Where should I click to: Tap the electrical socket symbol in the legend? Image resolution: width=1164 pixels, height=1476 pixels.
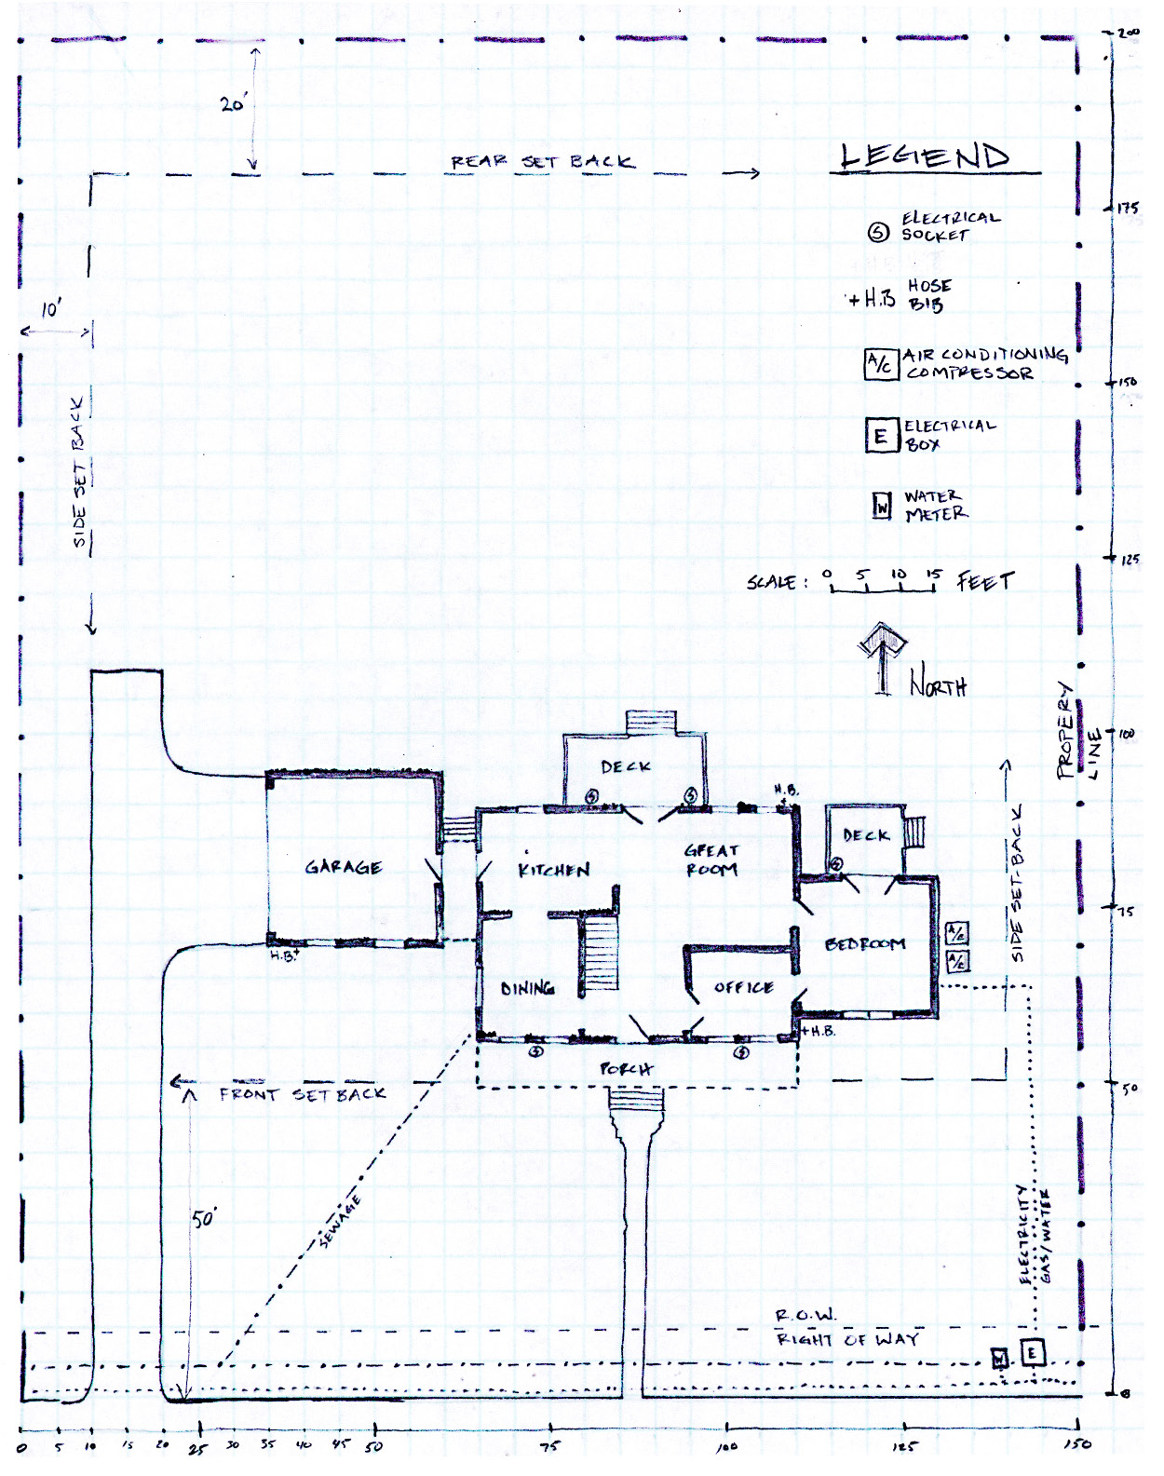(x=878, y=233)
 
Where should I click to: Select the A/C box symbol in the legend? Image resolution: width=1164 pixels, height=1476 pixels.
(x=880, y=363)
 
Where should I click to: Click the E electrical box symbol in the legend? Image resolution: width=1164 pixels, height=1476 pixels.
(x=880, y=435)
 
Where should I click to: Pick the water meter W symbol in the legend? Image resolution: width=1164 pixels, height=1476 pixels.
(x=882, y=506)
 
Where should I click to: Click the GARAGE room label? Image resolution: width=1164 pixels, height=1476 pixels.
(x=344, y=867)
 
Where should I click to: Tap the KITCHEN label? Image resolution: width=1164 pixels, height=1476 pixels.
(x=554, y=870)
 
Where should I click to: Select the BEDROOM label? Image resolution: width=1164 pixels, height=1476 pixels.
(x=865, y=944)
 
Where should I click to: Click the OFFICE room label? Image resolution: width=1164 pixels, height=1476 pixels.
(x=743, y=987)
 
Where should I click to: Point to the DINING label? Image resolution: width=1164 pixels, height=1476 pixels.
(x=527, y=988)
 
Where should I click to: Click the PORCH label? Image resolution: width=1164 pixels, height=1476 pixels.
(x=626, y=1068)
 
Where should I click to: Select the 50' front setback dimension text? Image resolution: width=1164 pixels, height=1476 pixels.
(x=204, y=1218)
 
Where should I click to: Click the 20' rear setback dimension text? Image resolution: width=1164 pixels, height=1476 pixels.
(x=233, y=104)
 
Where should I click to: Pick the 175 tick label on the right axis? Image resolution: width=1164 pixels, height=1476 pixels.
(x=1128, y=208)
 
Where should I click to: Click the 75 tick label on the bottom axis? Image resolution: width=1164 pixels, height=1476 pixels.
(x=549, y=1446)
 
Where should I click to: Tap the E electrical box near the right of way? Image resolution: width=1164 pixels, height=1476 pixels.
(x=1033, y=1352)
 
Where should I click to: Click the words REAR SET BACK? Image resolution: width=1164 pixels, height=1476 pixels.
(x=542, y=161)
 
